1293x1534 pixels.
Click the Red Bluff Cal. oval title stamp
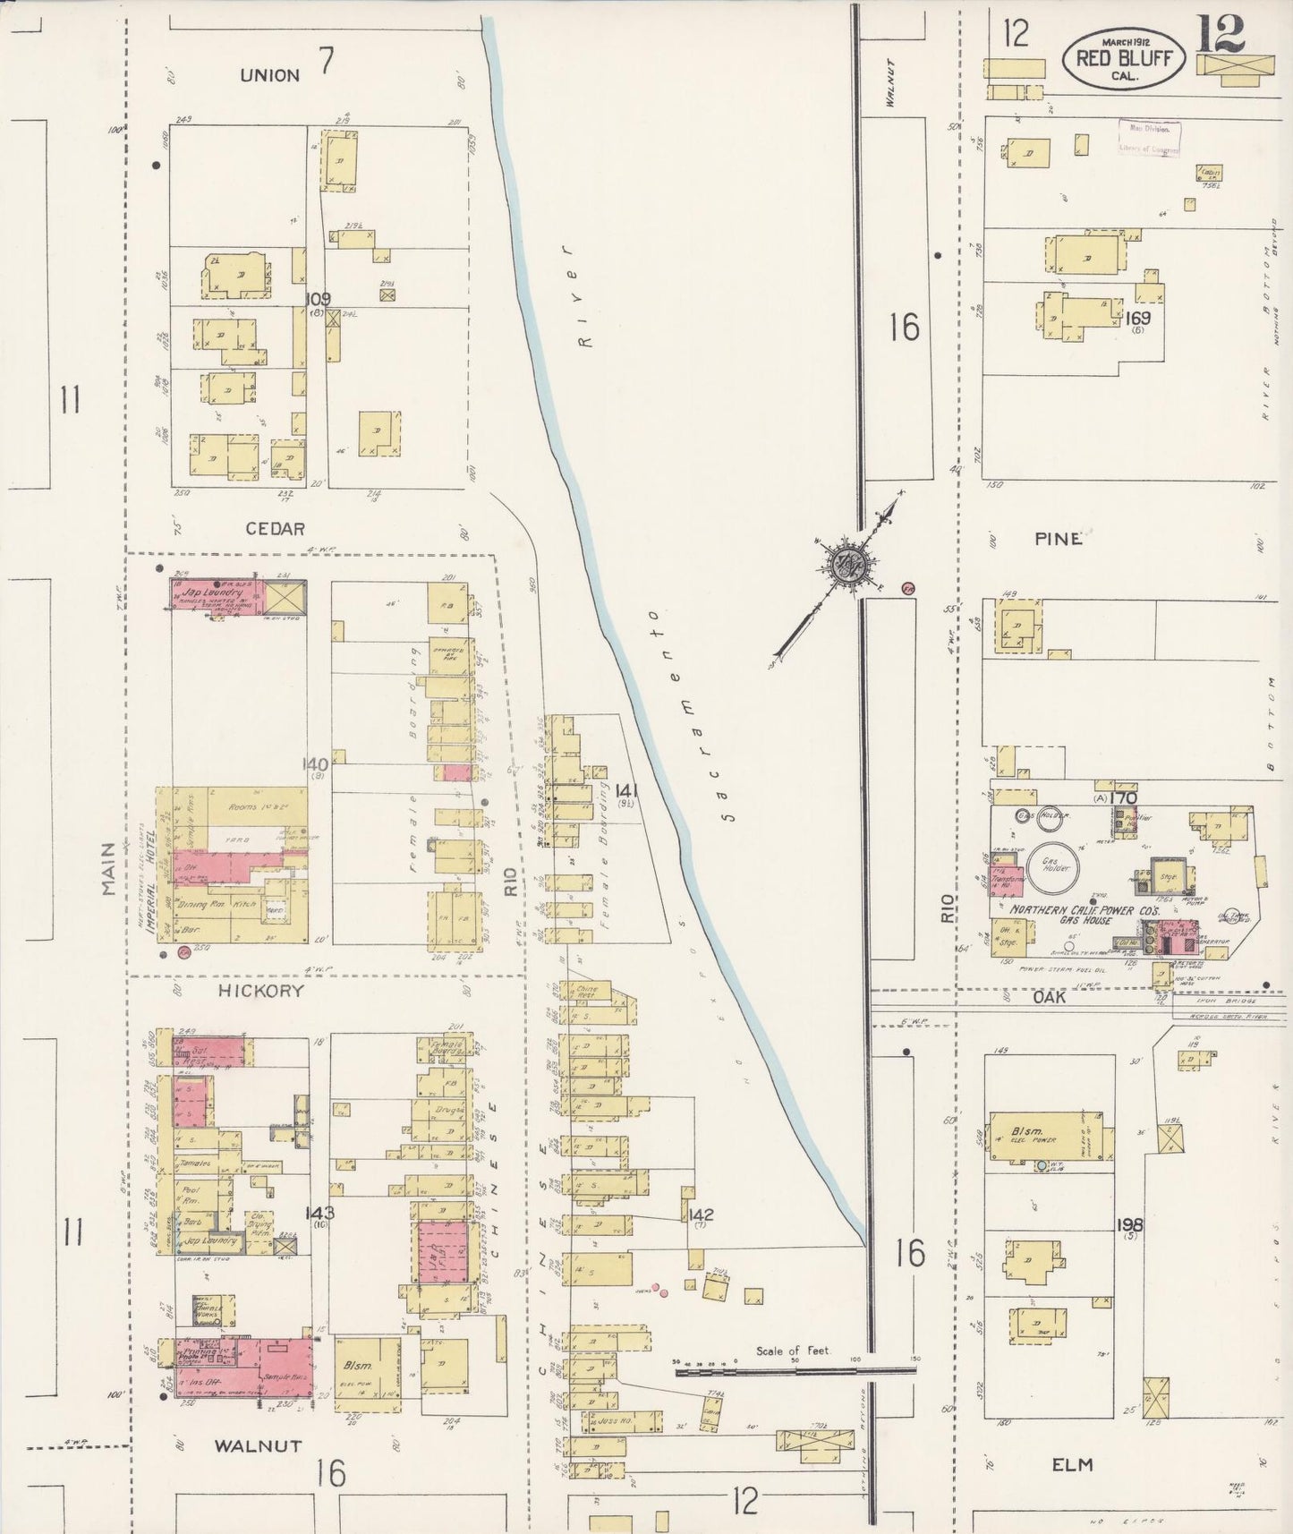(1125, 58)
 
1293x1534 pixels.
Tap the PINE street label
(1059, 539)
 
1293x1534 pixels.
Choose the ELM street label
(1072, 1464)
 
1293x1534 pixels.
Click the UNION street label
(269, 76)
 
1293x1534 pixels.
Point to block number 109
(318, 299)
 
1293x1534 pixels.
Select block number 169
(1138, 318)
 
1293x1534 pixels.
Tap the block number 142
(702, 1214)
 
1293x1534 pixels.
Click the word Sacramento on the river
(691, 716)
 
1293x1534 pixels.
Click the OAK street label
(1055, 995)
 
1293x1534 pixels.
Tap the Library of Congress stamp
(1148, 139)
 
